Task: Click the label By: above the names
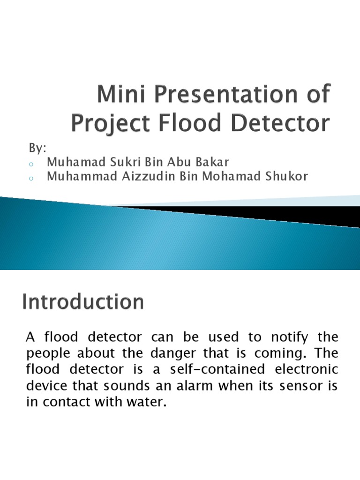coord(37,149)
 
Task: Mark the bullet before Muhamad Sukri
coord(31,164)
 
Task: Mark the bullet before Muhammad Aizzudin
coord(31,178)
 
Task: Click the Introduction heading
coord(82,301)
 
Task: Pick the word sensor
coord(294,386)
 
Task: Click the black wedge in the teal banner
coord(262,213)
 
